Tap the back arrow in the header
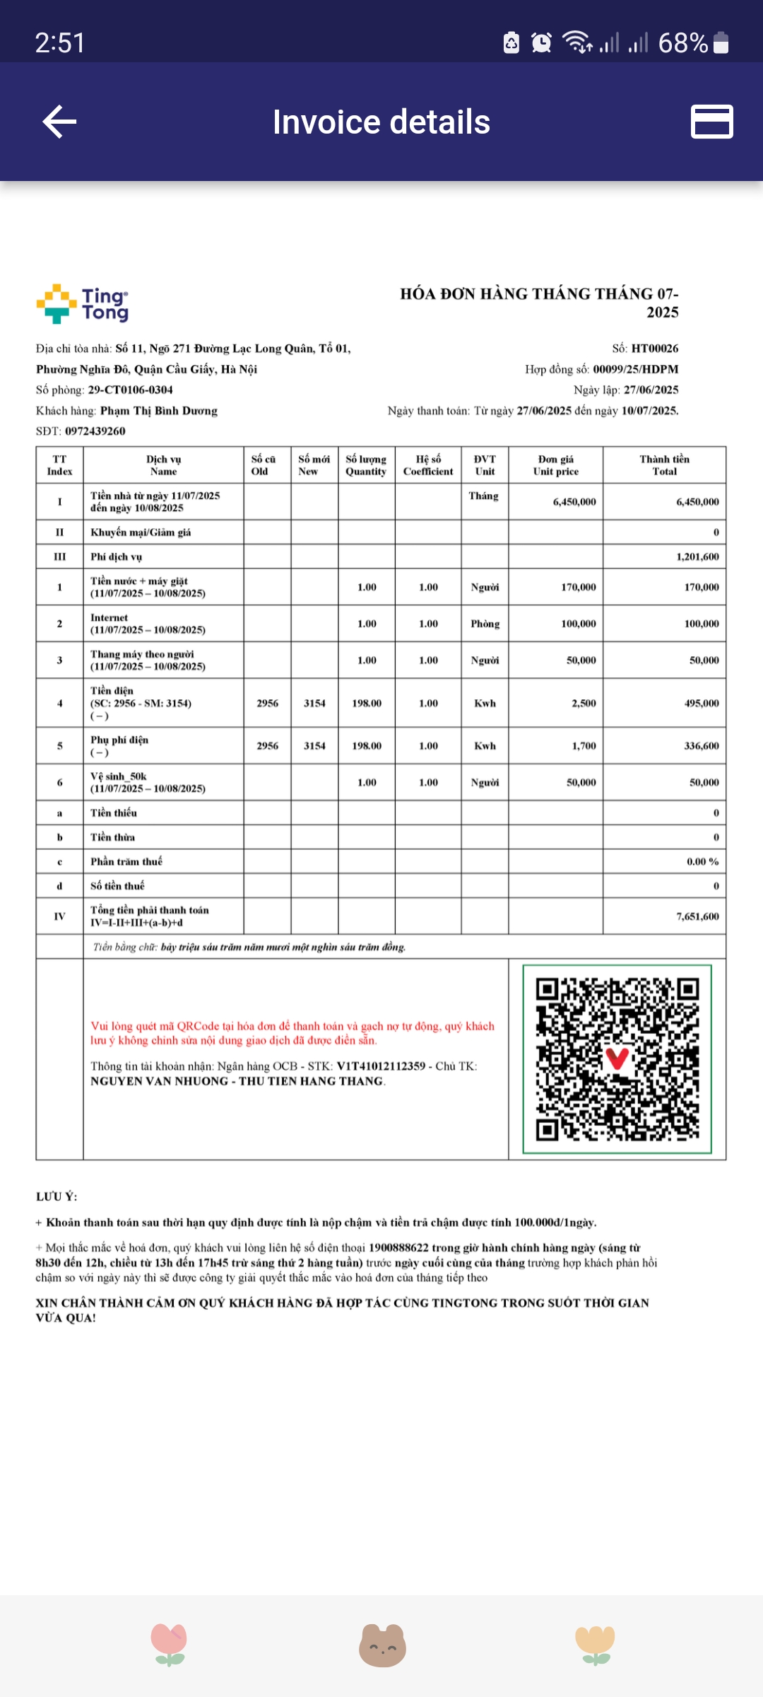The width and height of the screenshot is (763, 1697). click(x=60, y=122)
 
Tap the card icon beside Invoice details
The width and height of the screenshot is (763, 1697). click(x=711, y=122)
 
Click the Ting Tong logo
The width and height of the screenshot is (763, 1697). click(x=83, y=304)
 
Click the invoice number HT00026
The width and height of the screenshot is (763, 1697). click(x=654, y=349)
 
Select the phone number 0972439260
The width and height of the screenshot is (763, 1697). click(x=95, y=431)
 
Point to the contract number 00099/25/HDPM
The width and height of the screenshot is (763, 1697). click(x=635, y=369)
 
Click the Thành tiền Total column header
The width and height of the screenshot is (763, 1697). click(x=664, y=465)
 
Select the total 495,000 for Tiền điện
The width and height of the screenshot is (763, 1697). click(x=701, y=704)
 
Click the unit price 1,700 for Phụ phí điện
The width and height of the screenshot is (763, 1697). click(x=584, y=746)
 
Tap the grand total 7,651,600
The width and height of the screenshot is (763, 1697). click(x=697, y=916)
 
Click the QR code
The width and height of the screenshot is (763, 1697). click(x=617, y=1059)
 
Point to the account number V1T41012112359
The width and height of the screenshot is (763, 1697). click(x=381, y=1066)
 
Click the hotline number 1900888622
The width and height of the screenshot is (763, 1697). click(x=398, y=1248)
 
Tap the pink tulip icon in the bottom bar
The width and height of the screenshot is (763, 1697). click(x=169, y=1645)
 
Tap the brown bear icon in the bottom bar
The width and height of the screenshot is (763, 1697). click(x=382, y=1645)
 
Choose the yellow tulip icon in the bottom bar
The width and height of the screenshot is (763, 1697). click(x=595, y=1645)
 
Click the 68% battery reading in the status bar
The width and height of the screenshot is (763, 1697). click(x=682, y=43)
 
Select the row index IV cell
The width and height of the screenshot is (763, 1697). click(x=59, y=916)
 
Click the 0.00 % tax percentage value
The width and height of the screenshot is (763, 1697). click(x=702, y=862)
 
